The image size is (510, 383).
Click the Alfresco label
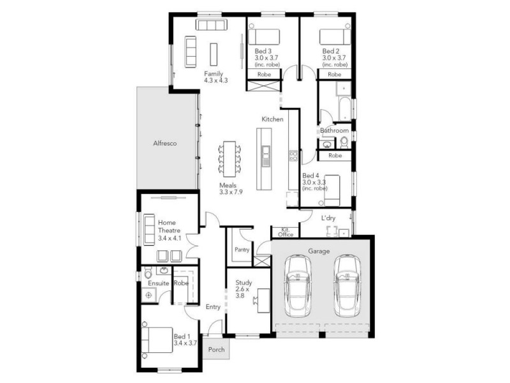[164, 144]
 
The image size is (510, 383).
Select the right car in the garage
[346, 285]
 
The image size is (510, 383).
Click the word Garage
[319, 251]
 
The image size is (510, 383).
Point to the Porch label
[216, 350]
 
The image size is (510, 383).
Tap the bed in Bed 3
[265, 36]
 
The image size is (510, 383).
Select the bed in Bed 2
[334, 36]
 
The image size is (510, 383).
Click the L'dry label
[328, 218]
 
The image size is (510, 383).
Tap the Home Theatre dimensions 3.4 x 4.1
[170, 238]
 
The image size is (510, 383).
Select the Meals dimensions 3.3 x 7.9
[231, 191]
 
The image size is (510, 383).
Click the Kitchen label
[272, 119]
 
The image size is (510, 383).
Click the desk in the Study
[262, 299]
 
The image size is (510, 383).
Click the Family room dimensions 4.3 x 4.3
[215, 81]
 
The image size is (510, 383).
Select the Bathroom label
[335, 131]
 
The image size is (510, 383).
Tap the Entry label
[213, 307]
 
